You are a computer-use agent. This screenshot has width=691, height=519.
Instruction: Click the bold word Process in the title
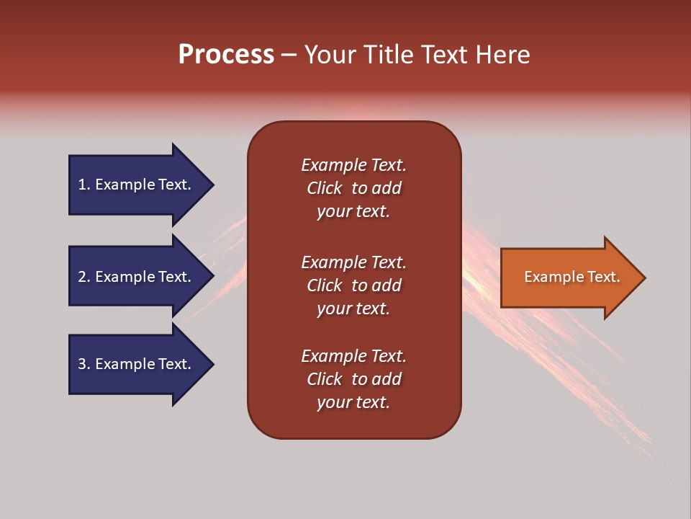(x=226, y=55)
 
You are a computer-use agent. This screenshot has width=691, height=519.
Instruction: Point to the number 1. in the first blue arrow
(x=84, y=185)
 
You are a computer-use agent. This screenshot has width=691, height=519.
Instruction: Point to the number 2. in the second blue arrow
(x=84, y=277)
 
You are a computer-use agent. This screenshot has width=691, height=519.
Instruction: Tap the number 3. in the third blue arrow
(x=84, y=364)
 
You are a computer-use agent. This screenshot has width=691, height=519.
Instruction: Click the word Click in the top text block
(x=325, y=188)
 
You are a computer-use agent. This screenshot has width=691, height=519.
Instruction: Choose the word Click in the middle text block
(x=325, y=285)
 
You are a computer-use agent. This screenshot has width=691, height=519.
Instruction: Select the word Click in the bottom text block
(x=325, y=379)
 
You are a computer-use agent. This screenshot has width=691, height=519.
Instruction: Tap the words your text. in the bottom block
(x=353, y=402)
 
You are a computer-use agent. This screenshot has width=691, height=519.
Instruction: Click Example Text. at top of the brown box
(x=353, y=165)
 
